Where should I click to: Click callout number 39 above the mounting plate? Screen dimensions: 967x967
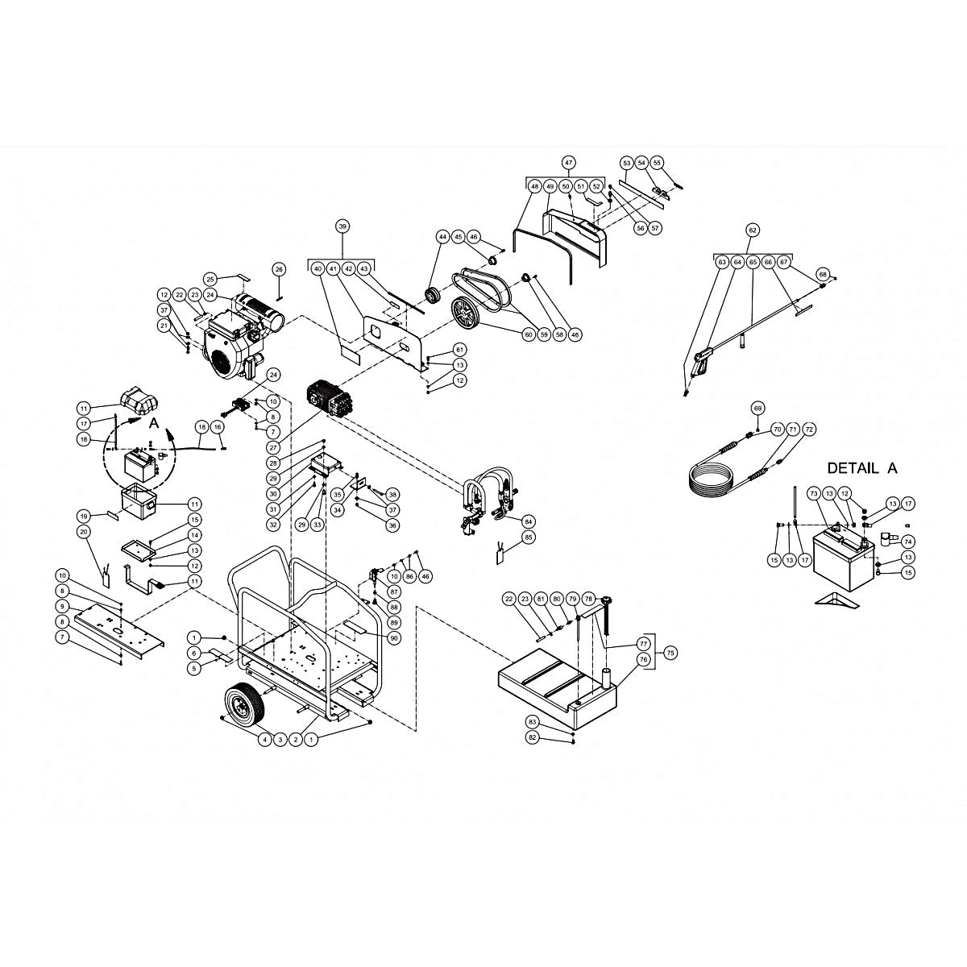[x=342, y=227]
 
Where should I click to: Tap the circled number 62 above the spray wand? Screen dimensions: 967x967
[x=753, y=230]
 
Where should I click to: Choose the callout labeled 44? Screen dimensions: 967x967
[x=442, y=237]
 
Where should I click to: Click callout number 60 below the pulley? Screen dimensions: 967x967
[x=529, y=334]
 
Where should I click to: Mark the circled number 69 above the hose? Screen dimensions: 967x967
[x=757, y=408]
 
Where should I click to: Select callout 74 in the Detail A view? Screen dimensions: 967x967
[x=908, y=542]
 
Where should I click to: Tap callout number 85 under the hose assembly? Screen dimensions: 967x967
[x=529, y=537]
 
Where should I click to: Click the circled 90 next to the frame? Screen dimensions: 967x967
[x=394, y=638]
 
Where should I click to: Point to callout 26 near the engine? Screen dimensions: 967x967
[x=279, y=268]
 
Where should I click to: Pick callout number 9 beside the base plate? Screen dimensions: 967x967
[x=60, y=606]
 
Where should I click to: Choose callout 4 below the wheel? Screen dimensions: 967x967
[x=264, y=738]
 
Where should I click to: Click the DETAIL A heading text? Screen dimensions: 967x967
[x=861, y=468]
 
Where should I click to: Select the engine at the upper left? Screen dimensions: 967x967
[x=234, y=338]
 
